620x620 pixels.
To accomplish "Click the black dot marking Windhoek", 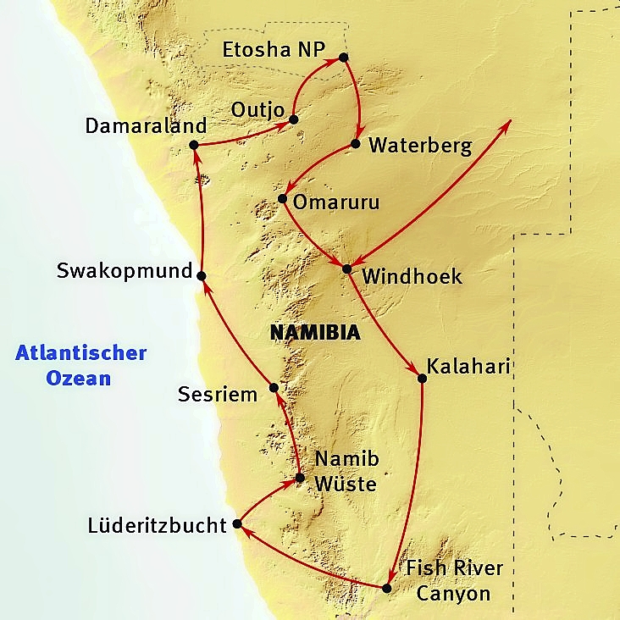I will point(346,269).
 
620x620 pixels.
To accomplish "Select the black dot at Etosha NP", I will point(343,58).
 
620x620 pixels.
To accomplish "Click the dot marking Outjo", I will point(294,119).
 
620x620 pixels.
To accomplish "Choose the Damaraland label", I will point(147,125).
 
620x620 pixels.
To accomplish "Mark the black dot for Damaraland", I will point(193,145).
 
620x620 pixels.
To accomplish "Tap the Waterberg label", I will point(420,145).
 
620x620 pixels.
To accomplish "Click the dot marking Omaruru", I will point(282,199).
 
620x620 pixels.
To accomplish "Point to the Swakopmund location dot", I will point(202,275).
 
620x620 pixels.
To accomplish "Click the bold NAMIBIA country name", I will point(315,333).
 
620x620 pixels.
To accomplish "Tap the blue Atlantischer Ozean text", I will point(81,365).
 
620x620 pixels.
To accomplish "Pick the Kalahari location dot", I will point(422,378).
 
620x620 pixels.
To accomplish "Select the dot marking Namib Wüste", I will point(299,477).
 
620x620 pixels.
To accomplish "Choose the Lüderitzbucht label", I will point(158,526).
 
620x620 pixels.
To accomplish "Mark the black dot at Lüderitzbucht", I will point(238,524).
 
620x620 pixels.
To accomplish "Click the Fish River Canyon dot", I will point(387,588).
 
